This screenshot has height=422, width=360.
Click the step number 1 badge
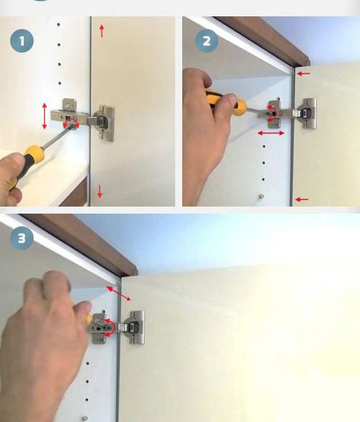22,41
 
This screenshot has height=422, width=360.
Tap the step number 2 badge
207,41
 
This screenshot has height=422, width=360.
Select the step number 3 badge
22,238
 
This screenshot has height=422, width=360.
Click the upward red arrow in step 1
102,31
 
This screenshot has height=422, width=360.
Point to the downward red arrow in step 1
100,191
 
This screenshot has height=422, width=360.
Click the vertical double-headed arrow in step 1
44,116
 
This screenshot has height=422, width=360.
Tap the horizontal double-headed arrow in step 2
271,133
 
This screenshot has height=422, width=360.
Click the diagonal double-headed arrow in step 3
118,293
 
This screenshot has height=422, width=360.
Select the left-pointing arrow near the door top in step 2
304,73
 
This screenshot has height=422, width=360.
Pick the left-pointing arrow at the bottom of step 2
302,199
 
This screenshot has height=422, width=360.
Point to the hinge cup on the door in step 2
306,113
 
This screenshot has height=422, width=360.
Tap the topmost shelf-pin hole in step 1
59,24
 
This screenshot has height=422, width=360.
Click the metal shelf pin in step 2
261,197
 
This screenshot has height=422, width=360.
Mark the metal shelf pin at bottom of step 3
85,419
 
